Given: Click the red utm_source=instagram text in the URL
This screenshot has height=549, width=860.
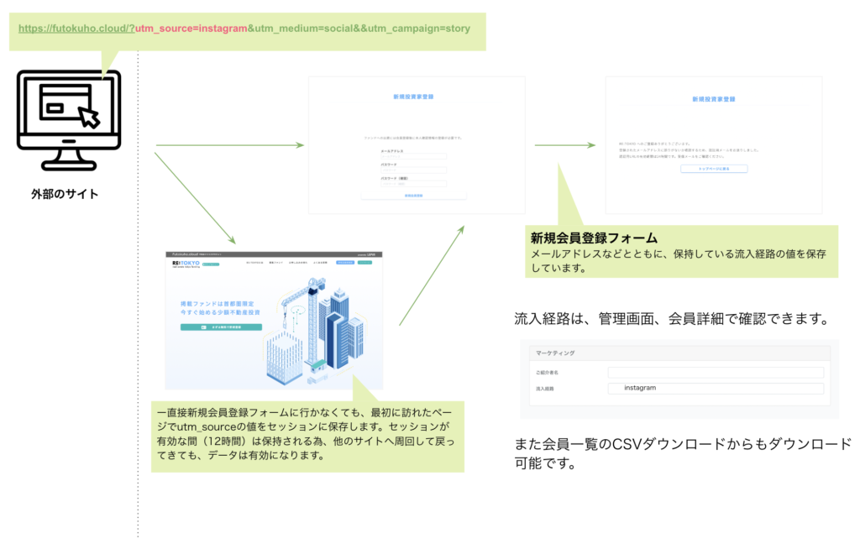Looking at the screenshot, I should pos(191,28).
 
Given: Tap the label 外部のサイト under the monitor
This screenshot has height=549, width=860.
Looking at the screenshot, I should pos(65,195).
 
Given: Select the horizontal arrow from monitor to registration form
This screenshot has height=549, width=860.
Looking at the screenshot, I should pos(228,145).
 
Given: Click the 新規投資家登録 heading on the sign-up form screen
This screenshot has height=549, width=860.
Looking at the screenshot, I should pos(413,97).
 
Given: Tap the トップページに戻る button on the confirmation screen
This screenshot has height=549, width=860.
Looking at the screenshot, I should pos(713,169).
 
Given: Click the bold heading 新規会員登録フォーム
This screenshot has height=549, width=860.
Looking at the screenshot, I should pos(593,238).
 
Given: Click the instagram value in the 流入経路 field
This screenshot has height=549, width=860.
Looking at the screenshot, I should pos(640,388).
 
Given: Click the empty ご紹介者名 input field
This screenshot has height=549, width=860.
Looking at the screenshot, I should pos(716,372).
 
